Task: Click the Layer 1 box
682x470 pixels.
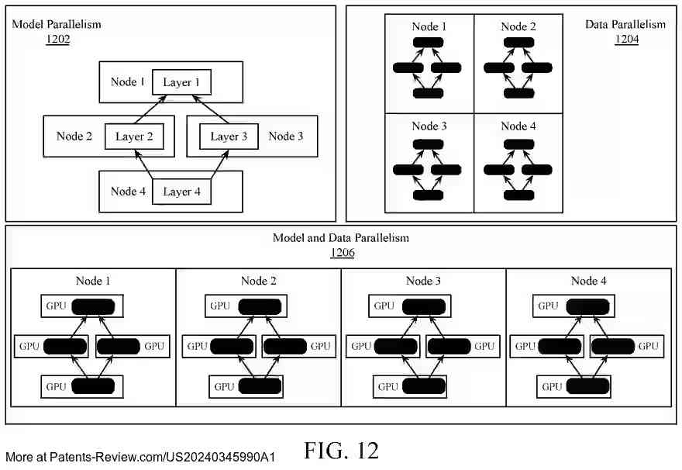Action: point(181,81)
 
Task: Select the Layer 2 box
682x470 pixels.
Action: point(134,137)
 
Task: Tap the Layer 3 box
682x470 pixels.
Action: point(229,137)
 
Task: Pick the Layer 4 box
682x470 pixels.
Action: point(181,192)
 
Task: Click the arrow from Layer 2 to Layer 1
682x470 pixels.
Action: point(150,109)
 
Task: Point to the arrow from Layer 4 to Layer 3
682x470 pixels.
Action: point(220,164)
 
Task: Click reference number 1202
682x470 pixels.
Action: point(58,39)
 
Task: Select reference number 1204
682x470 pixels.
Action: point(626,39)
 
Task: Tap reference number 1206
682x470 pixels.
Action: point(343,252)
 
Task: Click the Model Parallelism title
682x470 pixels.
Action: point(57,24)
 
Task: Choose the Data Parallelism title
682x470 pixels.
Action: point(625,24)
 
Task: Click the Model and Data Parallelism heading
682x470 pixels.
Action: point(341,237)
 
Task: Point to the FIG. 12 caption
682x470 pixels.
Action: point(342,450)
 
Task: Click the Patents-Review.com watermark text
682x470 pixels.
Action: point(140,457)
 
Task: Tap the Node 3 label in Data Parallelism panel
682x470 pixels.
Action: point(429,126)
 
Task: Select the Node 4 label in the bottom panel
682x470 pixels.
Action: point(588,281)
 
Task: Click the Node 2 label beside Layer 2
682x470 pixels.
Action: point(74,137)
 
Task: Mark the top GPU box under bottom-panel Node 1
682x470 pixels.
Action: point(82,306)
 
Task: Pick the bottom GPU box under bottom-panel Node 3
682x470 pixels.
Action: point(410,386)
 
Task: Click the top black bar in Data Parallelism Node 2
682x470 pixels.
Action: point(519,42)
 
